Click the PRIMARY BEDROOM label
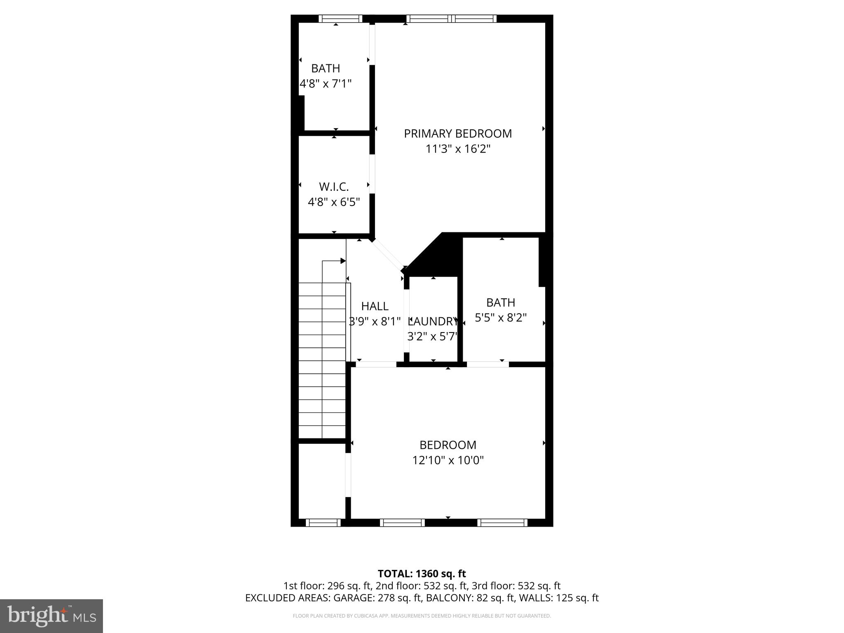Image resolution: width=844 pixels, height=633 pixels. point(457,134)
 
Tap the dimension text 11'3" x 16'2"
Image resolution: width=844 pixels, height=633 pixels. point(457,149)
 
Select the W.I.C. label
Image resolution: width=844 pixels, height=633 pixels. point(334,187)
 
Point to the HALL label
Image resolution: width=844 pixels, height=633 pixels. point(375,306)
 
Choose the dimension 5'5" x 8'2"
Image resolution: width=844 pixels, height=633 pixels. point(501,318)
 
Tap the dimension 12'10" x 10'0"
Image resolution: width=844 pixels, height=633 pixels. point(448,460)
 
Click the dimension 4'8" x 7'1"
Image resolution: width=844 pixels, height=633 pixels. point(326,84)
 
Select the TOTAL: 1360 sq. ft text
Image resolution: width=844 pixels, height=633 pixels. point(422,573)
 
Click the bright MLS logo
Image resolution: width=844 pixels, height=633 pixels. point(51,616)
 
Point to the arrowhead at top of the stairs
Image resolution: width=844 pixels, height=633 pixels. point(342,261)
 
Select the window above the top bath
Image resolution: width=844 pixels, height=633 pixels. point(340,19)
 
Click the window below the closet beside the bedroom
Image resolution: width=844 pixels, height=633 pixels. point(323,523)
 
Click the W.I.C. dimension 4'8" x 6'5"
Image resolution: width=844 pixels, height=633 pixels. point(334,202)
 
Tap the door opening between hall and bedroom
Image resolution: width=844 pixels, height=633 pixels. point(376,364)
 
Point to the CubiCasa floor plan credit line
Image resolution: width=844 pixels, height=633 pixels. point(422,616)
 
